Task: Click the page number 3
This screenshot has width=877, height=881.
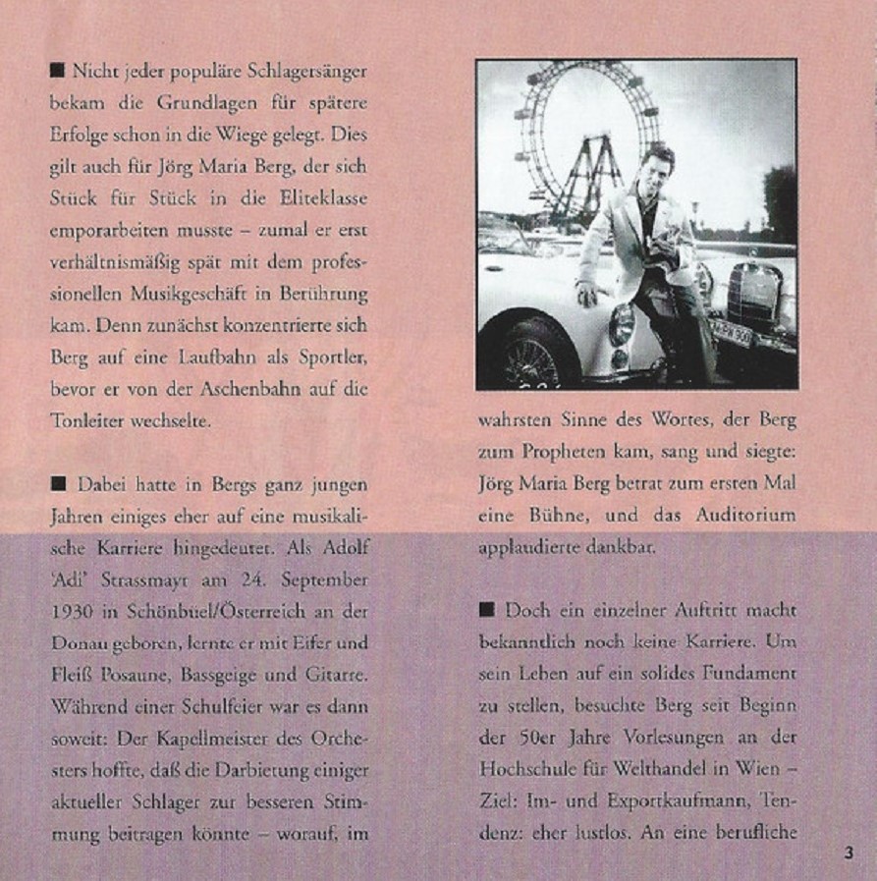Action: tap(849, 852)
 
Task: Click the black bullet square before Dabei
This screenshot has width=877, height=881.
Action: tap(58, 484)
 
